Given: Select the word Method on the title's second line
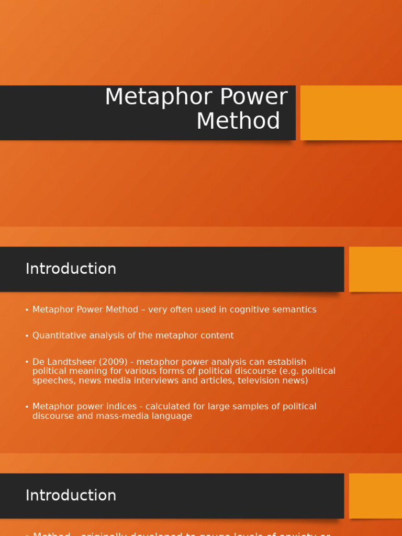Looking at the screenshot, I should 238,121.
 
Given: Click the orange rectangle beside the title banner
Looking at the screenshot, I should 351,113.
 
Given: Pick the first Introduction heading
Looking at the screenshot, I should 71,269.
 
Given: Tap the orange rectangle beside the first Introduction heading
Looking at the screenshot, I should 375,269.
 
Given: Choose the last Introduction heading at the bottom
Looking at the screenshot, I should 71,496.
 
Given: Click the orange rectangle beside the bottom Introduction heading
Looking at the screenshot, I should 375,496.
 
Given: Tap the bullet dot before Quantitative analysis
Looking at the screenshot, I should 27,336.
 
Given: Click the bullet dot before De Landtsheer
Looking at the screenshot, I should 27,362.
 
